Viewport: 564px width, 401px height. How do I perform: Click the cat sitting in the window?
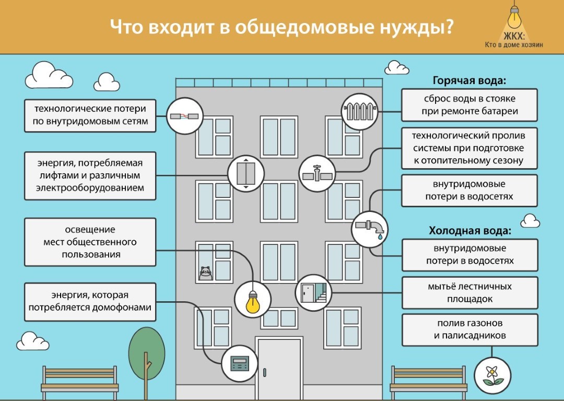tap(206, 273)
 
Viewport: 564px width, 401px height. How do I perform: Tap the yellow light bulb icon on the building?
tap(253, 299)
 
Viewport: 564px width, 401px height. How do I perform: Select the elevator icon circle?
tap(245, 172)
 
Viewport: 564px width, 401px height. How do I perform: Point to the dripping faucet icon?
tap(370, 229)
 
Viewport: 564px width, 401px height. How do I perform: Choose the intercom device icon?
tap(240, 363)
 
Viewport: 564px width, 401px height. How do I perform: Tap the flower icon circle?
tap(492, 376)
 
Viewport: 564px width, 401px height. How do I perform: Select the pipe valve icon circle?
tap(316, 173)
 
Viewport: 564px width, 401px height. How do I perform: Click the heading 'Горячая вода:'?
tap(469, 81)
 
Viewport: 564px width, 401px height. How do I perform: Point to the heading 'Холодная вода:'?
tap(469, 231)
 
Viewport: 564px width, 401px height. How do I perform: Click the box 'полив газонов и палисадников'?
tap(469, 329)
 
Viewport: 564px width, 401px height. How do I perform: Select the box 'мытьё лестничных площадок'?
tap(469, 292)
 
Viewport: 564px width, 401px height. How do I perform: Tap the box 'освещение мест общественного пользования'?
tap(90, 242)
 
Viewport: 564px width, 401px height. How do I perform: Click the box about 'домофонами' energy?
tap(90, 301)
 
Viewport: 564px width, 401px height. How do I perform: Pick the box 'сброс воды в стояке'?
tap(469, 105)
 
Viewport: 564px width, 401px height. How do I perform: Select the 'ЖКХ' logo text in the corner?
tap(514, 37)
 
